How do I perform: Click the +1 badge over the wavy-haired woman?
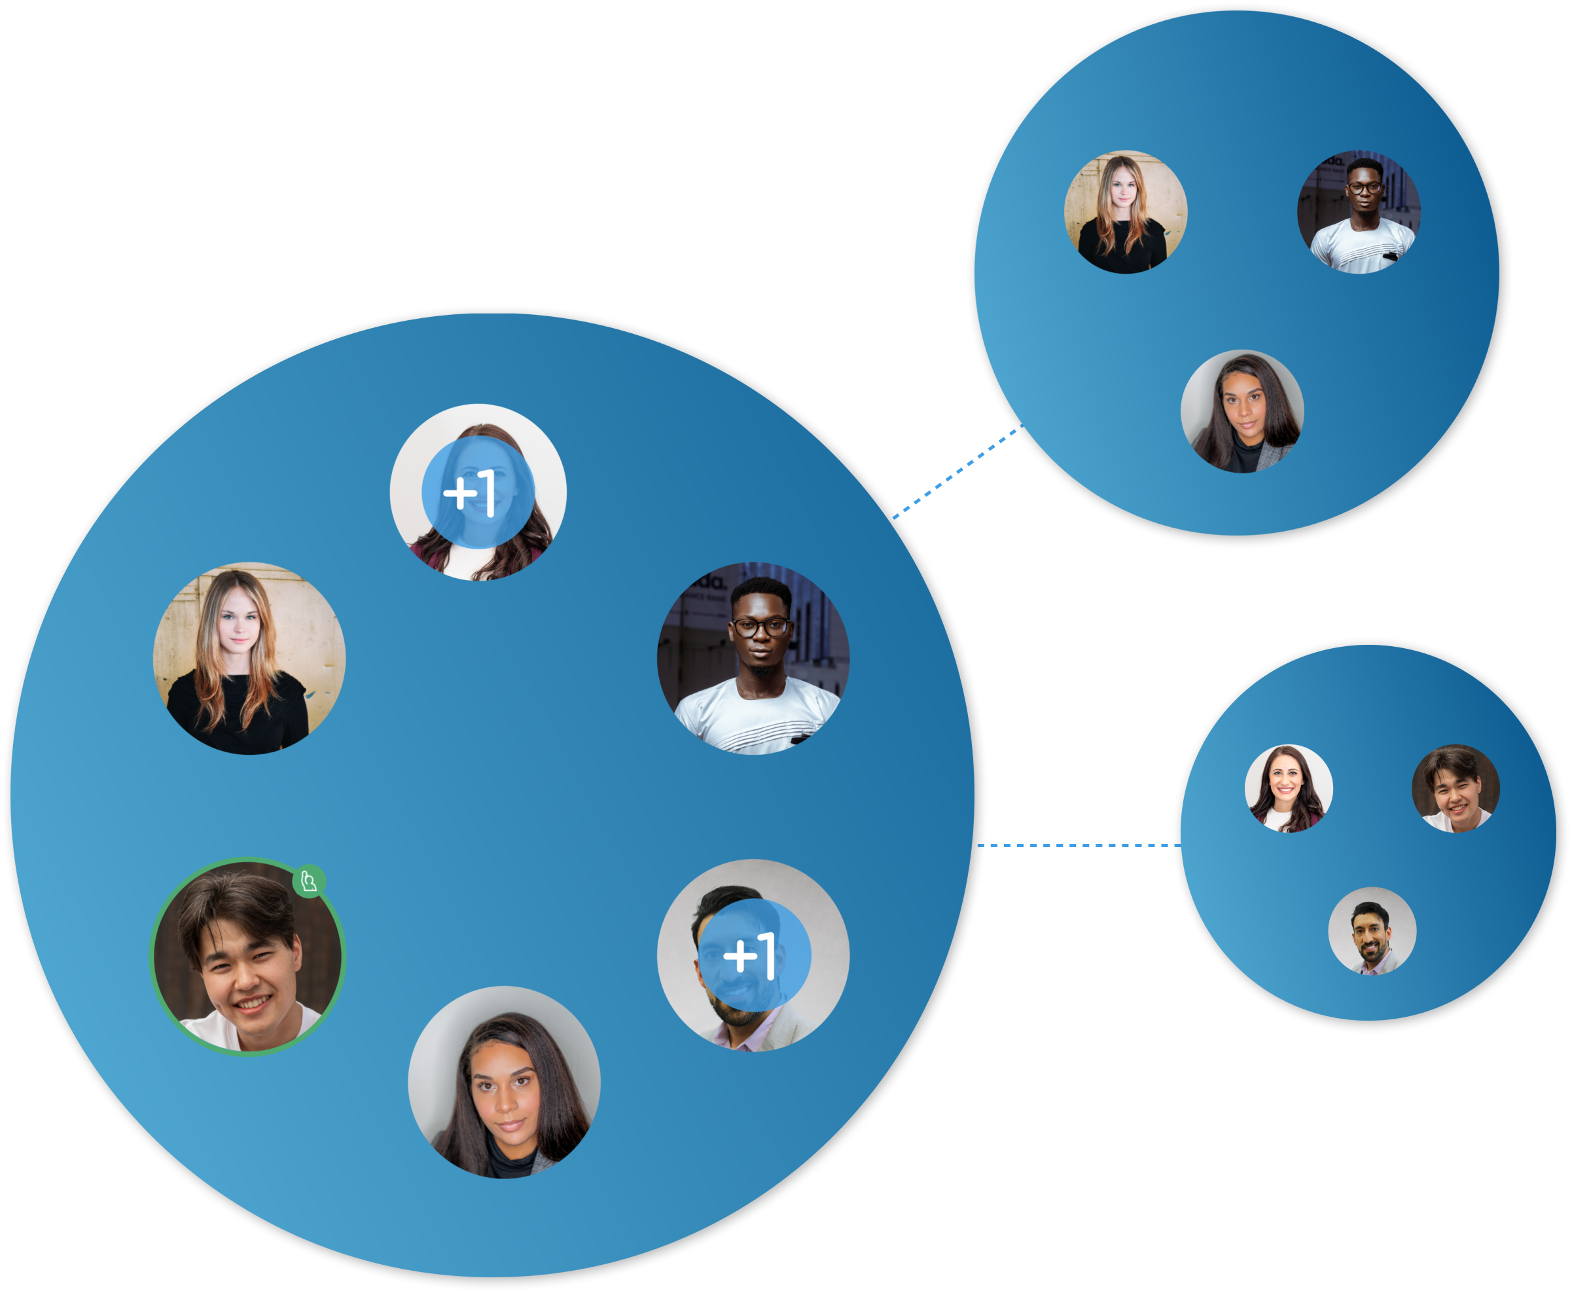[478, 492]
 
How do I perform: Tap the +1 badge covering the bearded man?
[754, 955]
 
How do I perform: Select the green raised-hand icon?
[309, 882]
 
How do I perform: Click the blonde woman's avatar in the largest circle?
[249, 658]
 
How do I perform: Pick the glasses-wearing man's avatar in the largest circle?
[753, 658]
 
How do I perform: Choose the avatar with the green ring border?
[247, 956]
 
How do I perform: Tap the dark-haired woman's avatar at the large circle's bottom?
[504, 1082]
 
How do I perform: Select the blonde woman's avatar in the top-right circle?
[1125, 212]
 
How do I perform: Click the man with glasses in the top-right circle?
[1359, 212]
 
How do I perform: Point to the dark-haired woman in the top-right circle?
[1242, 411]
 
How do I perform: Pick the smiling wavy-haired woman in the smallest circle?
[1288, 788]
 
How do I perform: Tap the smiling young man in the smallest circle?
[1455, 788]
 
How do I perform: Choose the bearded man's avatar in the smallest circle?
[1372, 931]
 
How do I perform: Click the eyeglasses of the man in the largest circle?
[760, 627]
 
